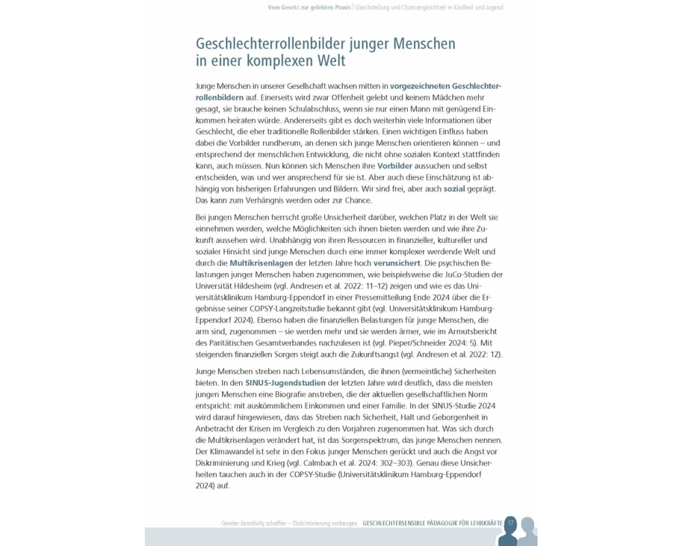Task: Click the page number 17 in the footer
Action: click(510, 523)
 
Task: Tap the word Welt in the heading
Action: click(326, 61)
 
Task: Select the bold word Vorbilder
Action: click(395, 166)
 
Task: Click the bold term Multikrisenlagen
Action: click(261, 263)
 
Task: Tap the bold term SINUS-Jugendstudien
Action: click(286, 383)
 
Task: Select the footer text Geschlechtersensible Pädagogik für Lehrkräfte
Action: click(432, 523)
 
